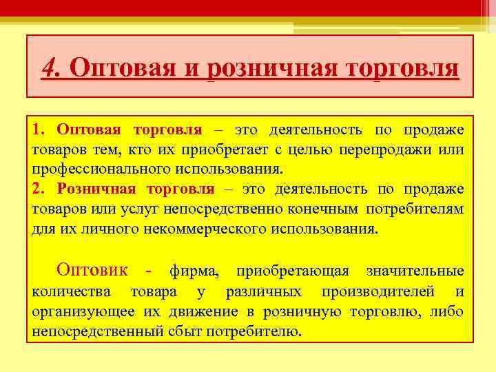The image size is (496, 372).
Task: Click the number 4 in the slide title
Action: pyautogui.click(x=49, y=68)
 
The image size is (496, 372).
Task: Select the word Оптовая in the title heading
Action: pyautogui.click(x=129, y=69)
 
